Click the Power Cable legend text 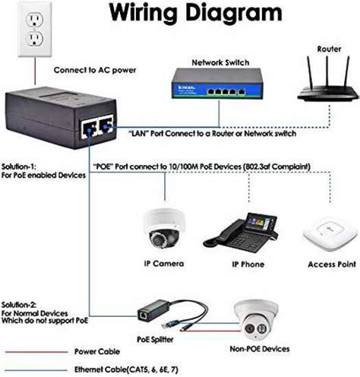[x=95, y=352]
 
